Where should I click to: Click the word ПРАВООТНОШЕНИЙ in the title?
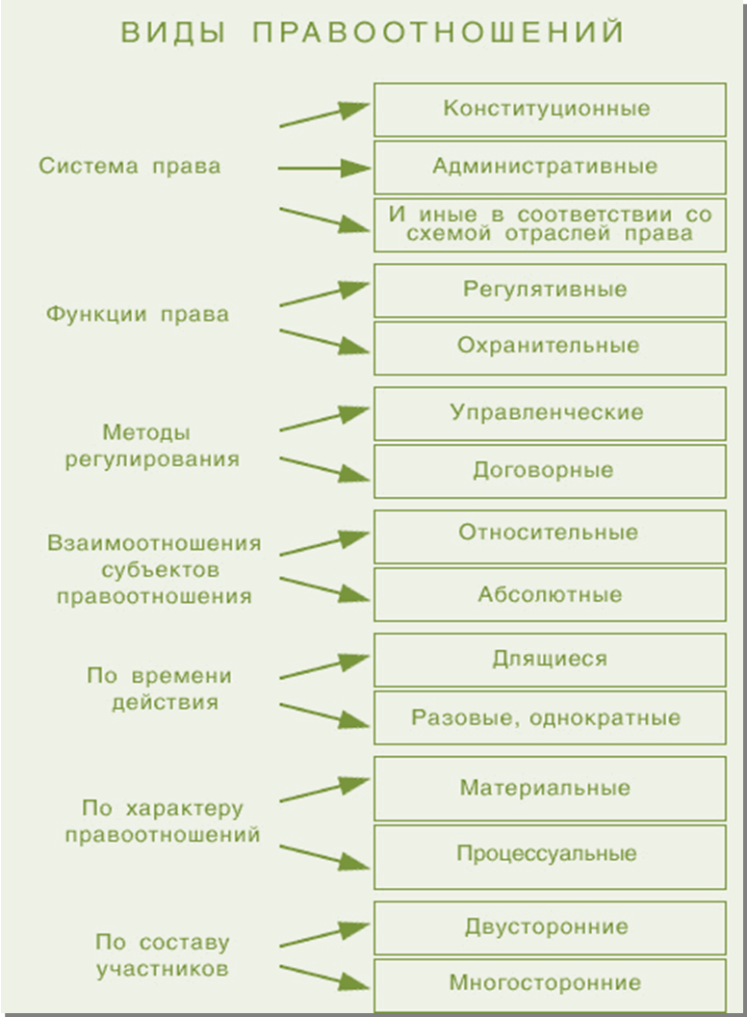tap(438, 33)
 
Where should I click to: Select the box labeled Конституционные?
tap(550, 109)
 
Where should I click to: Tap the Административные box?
tap(550, 168)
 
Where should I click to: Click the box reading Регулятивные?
tap(550, 290)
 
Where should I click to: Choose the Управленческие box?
tap(550, 413)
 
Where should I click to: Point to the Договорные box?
tap(550, 471)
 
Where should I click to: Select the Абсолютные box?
tap(550, 594)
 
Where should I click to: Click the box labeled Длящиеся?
tap(550, 660)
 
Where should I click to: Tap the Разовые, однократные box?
tap(550, 717)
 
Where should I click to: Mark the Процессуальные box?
tap(550, 857)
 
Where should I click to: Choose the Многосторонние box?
tap(550, 984)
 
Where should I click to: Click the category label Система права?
tap(130, 166)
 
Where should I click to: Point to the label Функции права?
tap(138, 315)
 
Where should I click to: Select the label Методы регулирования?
tap(152, 446)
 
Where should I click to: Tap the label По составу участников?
tap(162, 955)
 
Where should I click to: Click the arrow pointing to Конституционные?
tap(324, 115)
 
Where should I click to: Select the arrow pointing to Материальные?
tap(324, 789)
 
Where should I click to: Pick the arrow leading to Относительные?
tap(324, 542)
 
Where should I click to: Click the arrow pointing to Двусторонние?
tap(324, 933)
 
